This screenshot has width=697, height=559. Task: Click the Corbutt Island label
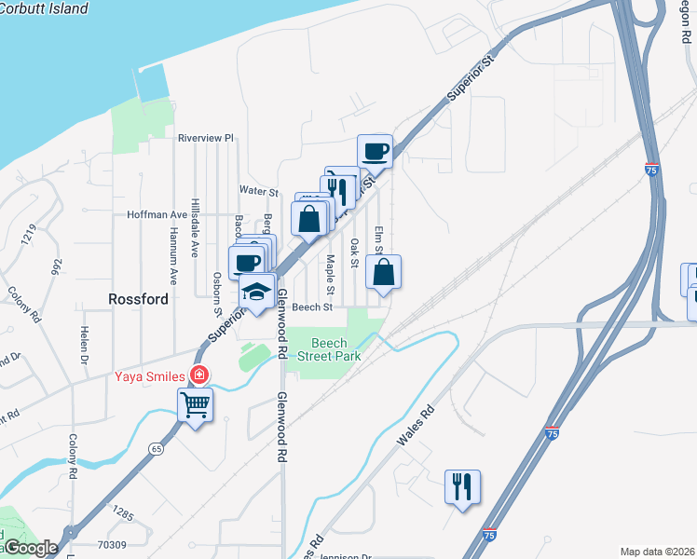click(45, 8)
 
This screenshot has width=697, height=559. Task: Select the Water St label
click(259, 191)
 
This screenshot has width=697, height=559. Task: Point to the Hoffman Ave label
click(157, 214)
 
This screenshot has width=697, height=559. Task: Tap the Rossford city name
click(138, 299)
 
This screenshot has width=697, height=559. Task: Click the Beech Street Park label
click(329, 349)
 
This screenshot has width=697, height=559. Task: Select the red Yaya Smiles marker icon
click(198, 376)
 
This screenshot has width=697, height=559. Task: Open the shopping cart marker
click(196, 405)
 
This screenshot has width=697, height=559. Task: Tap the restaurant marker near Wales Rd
click(462, 486)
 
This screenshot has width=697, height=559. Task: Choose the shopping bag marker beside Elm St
click(383, 273)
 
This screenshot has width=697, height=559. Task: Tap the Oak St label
click(354, 252)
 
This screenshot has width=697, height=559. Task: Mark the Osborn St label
click(216, 288)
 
